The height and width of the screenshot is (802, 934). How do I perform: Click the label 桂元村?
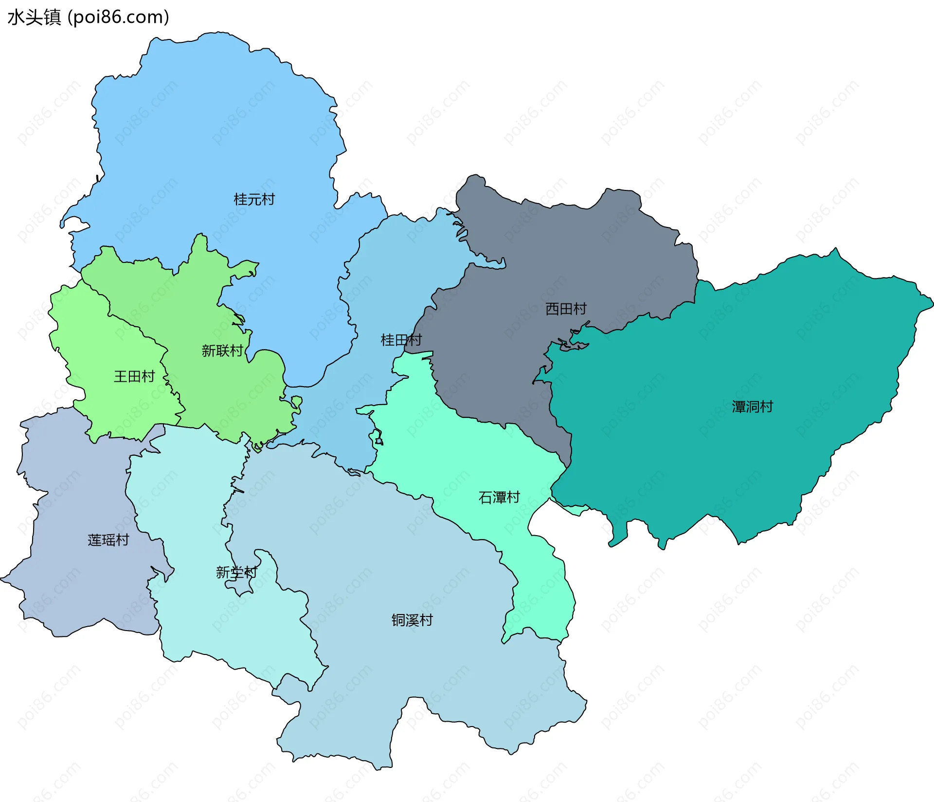(x=254, y=199)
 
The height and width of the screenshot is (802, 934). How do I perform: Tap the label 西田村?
(x=566, y=309)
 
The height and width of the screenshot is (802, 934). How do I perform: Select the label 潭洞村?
(x=752, y=407)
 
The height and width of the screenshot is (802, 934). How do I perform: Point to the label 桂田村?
(x=401, y=340)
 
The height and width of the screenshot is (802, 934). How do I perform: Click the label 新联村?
(x=222, y=351)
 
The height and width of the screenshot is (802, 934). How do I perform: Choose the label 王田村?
(x=134, y=376)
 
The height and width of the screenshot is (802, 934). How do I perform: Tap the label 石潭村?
(x=499, y=497)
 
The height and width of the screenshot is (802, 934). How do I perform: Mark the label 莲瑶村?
(x=108, y=540)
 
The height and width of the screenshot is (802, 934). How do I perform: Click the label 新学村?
(x=236, y=572)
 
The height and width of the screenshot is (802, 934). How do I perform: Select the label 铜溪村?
(x=412, y=620)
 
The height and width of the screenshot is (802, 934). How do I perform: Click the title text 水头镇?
(x=34, y=17)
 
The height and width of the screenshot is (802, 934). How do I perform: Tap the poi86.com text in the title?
(x=119, y=17)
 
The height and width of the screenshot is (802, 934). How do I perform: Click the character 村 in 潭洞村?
(x=766, y=407)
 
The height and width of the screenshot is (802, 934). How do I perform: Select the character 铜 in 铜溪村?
(x=398, y=620)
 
